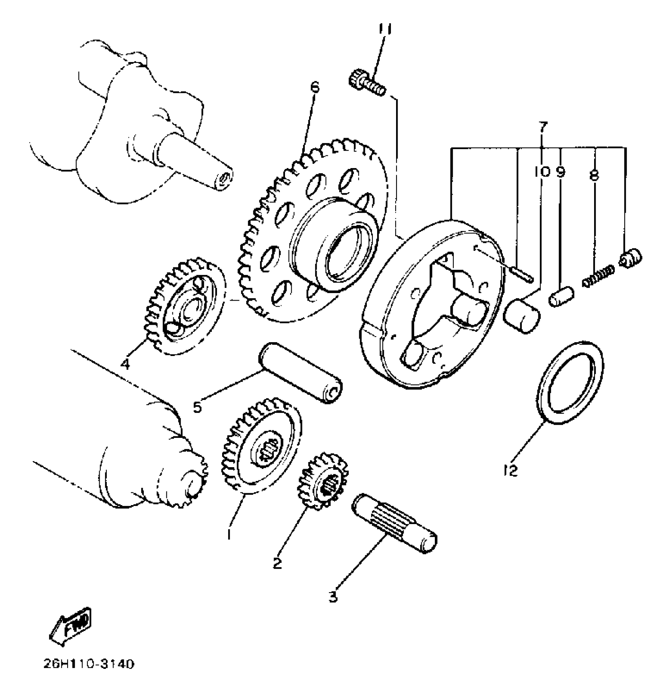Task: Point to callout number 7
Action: [543, 127]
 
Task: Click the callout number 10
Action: [541, 172]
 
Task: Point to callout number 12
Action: [511, 471]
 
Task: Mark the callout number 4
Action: [125, 363]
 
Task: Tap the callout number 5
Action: [198, 406]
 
